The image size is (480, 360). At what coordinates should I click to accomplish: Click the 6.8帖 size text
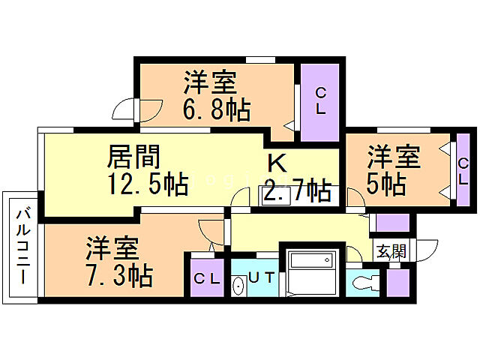click(x=216, y=110)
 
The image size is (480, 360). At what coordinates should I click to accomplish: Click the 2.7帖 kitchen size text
click(x=297, y=191)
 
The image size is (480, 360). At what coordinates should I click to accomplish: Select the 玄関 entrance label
click(x=390, y=251)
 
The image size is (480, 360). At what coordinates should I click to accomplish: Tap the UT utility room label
click(x=262, y=277)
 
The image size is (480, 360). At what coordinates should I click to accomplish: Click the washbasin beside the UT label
click(x=238, y=286)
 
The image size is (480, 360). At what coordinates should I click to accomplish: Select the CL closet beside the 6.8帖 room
click(x=320, y=101)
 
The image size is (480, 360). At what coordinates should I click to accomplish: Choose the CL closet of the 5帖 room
click(x=463, y=171)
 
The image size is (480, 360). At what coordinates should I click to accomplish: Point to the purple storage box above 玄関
click(x=391, y=223)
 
